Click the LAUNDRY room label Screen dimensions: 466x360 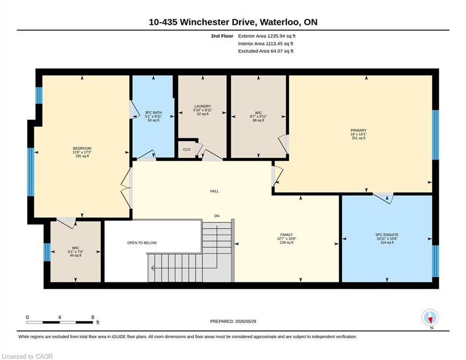(203, 106)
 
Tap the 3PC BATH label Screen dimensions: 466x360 (153, 112)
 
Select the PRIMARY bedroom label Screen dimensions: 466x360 (358, 130)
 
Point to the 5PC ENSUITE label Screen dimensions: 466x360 (387, 235)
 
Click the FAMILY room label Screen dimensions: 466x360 (287, 235)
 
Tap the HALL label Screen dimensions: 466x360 (215, 191)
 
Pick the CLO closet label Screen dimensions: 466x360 (187, 150)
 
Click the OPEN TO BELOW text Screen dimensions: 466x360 (142, 243)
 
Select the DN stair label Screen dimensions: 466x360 (217, 216)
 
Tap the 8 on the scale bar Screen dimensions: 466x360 (93, 317)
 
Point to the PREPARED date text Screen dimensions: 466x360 (233, 321)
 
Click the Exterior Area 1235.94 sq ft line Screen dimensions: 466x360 (266, 36)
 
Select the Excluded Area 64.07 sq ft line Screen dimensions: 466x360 (266, 51)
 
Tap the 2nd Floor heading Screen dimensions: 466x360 (222, 36)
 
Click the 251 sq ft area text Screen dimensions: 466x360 (358, 138)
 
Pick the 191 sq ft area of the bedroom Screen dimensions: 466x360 (82, 156)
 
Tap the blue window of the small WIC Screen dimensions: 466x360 (47, 252)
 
